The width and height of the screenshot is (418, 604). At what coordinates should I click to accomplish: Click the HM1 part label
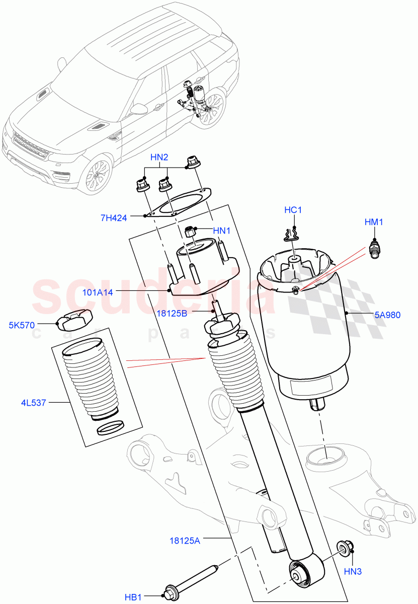pos(373,222)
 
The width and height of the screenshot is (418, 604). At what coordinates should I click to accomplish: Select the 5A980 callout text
pos(387,316)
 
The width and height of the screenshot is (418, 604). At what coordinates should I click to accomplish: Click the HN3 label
pos(353,571)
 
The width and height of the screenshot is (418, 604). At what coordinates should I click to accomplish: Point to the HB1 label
pos(133,597)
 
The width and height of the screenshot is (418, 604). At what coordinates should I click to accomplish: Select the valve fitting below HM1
pos(374,250)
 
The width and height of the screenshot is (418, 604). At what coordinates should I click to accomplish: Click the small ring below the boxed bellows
pos(109,428)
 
